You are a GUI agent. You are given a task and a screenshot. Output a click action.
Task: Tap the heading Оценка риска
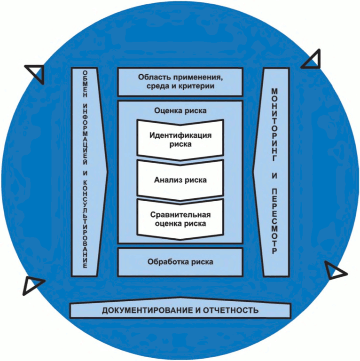pyautogui.click(x=180, y=110)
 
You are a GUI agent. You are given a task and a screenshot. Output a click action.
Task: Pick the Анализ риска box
pyautogui.click(x=180, y=180)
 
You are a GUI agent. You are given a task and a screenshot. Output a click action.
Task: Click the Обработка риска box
pyautogui.click(x=180, y=262)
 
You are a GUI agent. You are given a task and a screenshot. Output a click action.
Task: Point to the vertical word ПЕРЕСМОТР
pyautogui.click(x=275, y=221)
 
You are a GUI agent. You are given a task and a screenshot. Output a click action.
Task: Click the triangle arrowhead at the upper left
pyautogui.click(x=36, y=71)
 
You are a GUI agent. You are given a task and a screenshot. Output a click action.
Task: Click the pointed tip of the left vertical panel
pyautogui.click(x=108, y=172)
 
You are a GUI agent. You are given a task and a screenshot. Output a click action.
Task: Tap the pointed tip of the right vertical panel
pyautogui.click(x=253, y=172)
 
